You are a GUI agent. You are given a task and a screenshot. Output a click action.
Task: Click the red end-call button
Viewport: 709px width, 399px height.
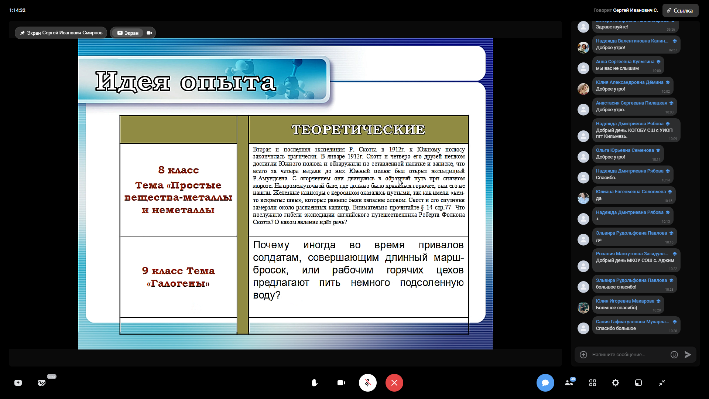tap(394, 383)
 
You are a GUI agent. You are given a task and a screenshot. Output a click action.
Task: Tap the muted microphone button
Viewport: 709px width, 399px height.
tap(368, 383)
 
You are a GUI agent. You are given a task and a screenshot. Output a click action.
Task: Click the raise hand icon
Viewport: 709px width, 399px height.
tap(315, 383)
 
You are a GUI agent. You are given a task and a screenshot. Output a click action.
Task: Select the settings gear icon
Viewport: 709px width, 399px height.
tap(616, 383)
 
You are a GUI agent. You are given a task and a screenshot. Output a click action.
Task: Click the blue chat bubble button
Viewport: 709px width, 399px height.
tap(545, 383)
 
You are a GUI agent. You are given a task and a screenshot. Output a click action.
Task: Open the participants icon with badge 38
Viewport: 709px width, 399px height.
tap(569, 382)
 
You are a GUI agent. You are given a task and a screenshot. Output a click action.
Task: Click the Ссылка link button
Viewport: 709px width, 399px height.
tap(680, 10)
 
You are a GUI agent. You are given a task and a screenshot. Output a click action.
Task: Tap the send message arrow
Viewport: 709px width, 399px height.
tap(688, 355)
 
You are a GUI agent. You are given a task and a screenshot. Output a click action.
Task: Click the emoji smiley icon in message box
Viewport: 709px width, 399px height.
tap(674, 355)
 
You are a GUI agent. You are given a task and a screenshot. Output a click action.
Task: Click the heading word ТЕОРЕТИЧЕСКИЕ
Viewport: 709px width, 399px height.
tap(358, 130)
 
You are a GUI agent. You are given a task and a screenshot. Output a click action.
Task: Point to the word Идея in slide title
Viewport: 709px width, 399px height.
tap(133, 82)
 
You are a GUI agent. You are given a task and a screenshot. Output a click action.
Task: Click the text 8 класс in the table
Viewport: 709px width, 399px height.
tap(178, 170)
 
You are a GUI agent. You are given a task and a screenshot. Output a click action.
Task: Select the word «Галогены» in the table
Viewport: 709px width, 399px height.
tap(178, 283)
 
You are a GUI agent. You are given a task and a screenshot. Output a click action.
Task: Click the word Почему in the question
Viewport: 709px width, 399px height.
tap(271, 245)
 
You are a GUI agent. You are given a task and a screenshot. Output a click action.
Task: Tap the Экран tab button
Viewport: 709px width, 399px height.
tap(128, 33)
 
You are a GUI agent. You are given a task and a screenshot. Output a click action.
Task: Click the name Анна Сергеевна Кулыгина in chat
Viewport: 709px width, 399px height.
tap(625, 62)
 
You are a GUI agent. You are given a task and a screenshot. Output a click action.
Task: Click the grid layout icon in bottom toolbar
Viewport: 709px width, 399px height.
tap(593, 383)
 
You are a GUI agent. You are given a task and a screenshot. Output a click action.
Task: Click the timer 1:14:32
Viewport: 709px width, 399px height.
tap(17, 10)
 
